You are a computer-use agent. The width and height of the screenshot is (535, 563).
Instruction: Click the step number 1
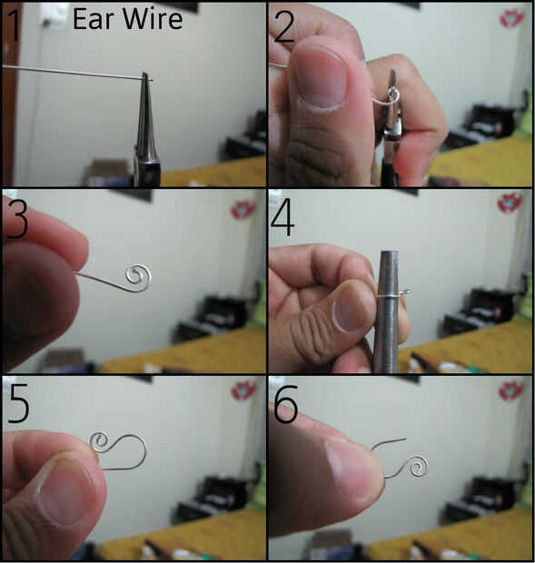point(14,25)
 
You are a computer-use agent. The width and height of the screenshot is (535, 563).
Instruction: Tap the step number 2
point(284,26)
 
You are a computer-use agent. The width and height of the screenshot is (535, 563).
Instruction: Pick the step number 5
point(18,403)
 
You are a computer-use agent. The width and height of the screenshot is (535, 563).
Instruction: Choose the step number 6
point(286,403)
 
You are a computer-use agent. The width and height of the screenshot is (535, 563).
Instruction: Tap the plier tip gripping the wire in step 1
point(145,77)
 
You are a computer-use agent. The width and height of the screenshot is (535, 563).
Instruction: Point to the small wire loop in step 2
point(393,94)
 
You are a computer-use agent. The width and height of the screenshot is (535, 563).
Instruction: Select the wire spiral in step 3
point(138,278)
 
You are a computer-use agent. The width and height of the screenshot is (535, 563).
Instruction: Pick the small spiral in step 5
point(100,441)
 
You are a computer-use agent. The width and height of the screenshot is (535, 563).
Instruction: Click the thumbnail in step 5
point(64,493)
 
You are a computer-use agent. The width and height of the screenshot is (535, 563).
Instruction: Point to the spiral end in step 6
point(417,466)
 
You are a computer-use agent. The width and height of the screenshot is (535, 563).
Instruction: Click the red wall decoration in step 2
point(511,19)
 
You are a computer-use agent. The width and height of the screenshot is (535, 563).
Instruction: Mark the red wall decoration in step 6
point(510,390)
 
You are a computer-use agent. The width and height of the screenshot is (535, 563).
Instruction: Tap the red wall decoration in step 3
point(243,210)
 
